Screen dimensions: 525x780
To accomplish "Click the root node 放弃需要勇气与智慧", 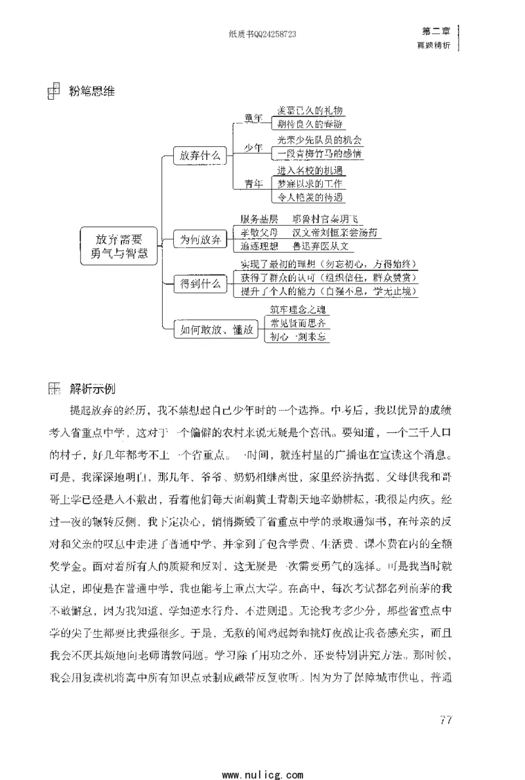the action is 119,246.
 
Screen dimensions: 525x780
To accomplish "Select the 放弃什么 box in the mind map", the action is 199,155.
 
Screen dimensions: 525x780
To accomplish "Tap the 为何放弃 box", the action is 199,239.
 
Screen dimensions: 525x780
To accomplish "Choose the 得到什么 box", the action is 199,284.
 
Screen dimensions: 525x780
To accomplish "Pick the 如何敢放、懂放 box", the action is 213,329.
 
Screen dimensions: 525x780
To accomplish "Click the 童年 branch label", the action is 253,117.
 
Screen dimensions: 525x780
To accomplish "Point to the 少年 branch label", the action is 253,148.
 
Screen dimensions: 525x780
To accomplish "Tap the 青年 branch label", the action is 253,184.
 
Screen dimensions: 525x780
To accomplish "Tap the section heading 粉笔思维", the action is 92,91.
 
